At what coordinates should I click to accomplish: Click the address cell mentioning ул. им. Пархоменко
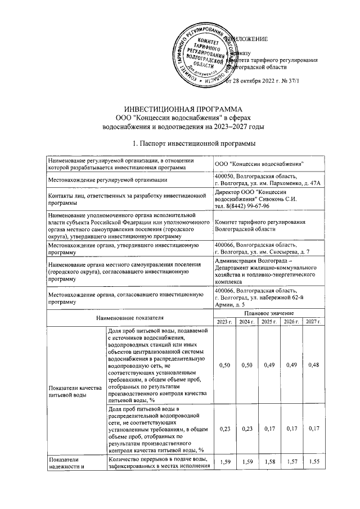[x=267, y=179]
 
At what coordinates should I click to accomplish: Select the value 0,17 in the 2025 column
[x=269, y=429]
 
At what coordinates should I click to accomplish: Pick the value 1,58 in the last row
[x=269, y=462]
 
